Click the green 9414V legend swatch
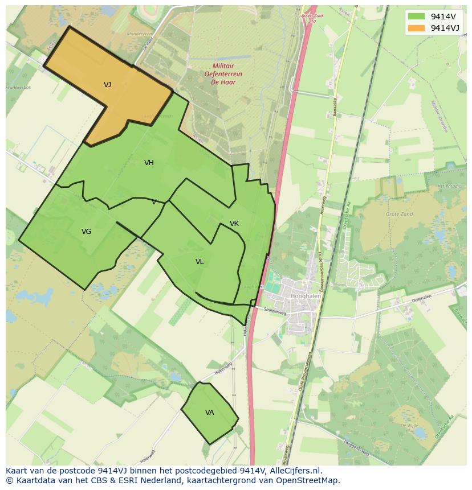[417, 17]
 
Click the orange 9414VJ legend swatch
[417, 28]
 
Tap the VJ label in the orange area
[107, 85]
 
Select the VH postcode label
[149, 163]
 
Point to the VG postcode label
[86, 232]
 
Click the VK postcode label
[234, 224]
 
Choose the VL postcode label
[200, 262]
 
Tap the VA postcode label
[210, 413]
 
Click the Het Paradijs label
[448, 187]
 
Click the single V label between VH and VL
[154, 202]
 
